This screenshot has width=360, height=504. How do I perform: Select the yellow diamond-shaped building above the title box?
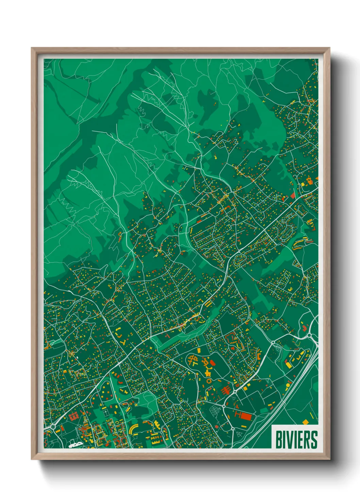point(305,422)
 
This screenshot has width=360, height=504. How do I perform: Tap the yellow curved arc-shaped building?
point(133,427)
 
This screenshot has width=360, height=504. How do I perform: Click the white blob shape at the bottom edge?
point(75,445)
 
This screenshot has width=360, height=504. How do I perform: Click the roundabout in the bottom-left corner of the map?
point(53,427)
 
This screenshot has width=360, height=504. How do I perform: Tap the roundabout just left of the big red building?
point(224,406)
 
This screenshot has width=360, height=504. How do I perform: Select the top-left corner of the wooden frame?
point(32,49)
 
